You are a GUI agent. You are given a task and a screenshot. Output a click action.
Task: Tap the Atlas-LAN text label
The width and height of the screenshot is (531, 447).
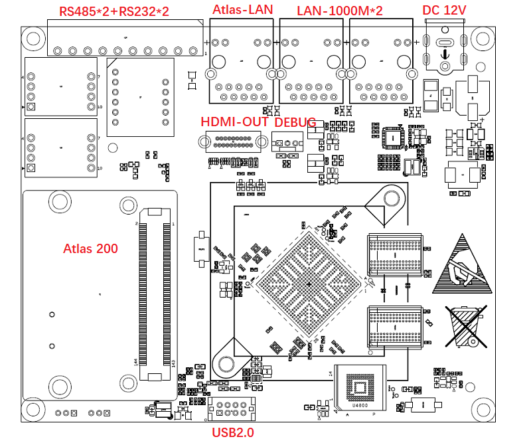click(x=241, y=10)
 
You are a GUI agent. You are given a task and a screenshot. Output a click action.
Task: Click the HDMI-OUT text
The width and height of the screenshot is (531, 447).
click(x=234, y=122)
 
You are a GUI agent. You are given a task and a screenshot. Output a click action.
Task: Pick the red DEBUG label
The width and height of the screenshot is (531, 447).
click(x=295, y=122)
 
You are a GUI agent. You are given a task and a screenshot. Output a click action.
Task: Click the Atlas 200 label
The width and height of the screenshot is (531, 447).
click(x=90, y=249)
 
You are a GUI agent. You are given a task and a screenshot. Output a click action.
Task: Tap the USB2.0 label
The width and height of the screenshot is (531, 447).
click(x=233, y=432)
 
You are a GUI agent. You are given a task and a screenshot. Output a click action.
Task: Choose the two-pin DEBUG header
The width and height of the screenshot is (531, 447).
click(x=287, y=143)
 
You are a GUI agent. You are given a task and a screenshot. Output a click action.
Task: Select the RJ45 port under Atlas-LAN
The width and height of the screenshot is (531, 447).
click(x=242, y=60)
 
